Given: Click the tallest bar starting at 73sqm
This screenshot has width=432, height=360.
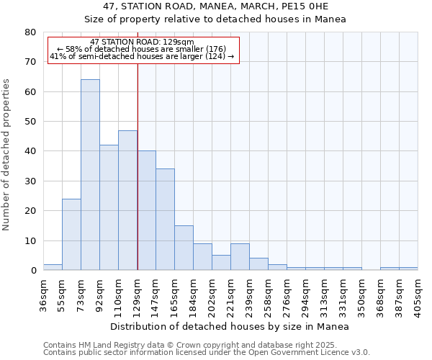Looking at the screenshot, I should (x=90, y=175).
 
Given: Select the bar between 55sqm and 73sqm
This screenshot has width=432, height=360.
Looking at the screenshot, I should (x=71, y=235).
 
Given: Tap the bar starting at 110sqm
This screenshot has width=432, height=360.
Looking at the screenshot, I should (x=127, y=200).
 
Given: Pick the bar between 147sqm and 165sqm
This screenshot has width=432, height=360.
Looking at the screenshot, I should (x=165, y=220).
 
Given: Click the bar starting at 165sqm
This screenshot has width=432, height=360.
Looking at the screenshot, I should (x=184, y=248).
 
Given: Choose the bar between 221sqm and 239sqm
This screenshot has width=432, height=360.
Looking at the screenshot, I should (x=240, y=257).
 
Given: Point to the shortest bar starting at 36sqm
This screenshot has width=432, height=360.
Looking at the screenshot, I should (x=53, y=267).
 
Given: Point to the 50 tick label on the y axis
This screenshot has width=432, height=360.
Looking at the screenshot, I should (x=30, y=122).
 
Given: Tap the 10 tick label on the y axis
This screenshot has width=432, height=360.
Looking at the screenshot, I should (x=30, y=240).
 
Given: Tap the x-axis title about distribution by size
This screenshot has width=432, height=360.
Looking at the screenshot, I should (x=230, y=327).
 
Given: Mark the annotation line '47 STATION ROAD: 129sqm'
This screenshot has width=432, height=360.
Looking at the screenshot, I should (x=143, y=42).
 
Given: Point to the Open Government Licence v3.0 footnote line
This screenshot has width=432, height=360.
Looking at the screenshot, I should (x=207, y=352).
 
